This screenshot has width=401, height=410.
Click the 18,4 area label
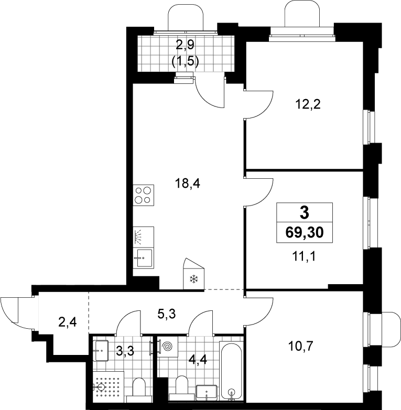[x=188, y=184]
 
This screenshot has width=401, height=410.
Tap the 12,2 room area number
[x=308, y=104]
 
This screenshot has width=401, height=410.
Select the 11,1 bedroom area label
[x=304, y=256]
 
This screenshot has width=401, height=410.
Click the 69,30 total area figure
[x=305, y=232]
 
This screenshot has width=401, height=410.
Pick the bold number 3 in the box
[x=305, y=212]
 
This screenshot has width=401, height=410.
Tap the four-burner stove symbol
[x=143, y=195]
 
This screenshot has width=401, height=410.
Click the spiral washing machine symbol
[x=167, y=347]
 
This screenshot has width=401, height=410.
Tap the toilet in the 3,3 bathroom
[x=139, y=391]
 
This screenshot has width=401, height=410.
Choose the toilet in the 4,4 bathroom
[x=182, y=389]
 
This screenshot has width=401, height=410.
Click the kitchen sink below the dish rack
[x=143, y=258]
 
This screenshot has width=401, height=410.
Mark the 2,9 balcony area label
[x=185, y=46]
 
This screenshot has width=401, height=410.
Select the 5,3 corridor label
[x=167, y=314]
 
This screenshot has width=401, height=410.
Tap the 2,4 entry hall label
[x=68, y=322]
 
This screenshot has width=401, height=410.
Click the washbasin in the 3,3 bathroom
[x=100, y=351]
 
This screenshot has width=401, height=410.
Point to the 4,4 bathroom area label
[x=198, y=360]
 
